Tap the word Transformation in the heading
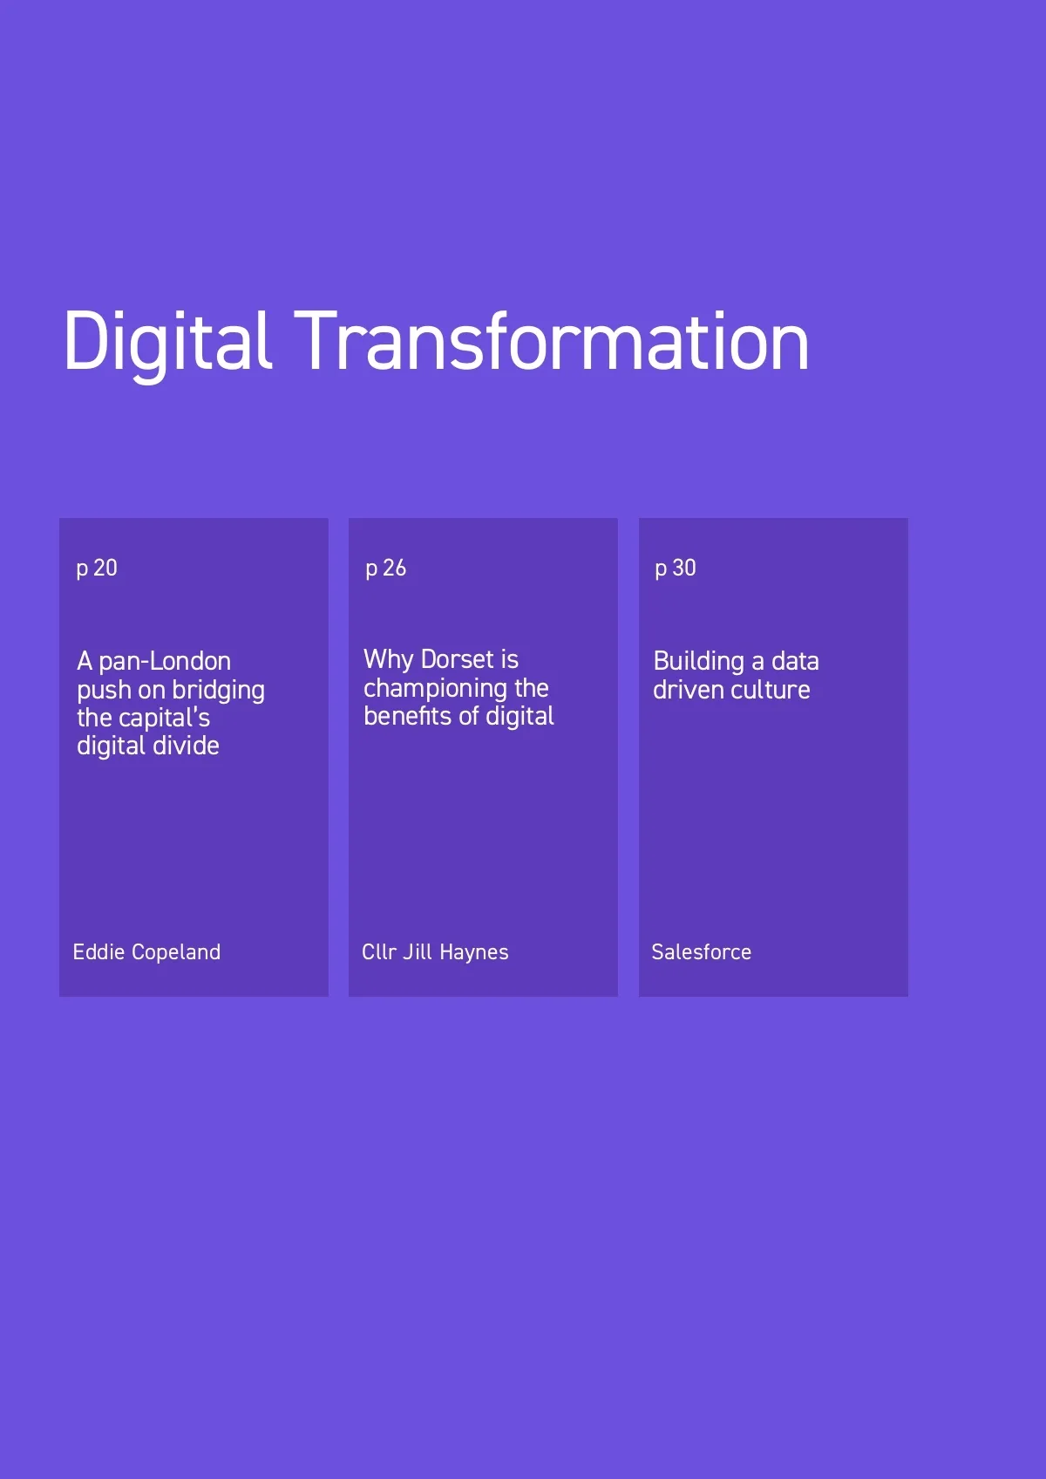(552, 341)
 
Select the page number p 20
(97, 569)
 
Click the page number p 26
(385, 569)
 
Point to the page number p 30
(676, 569)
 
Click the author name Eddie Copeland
(146, 952)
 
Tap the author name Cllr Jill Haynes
(435, 952)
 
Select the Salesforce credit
(702, 952)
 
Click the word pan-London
(165, 662)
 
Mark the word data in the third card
(795, 662)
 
